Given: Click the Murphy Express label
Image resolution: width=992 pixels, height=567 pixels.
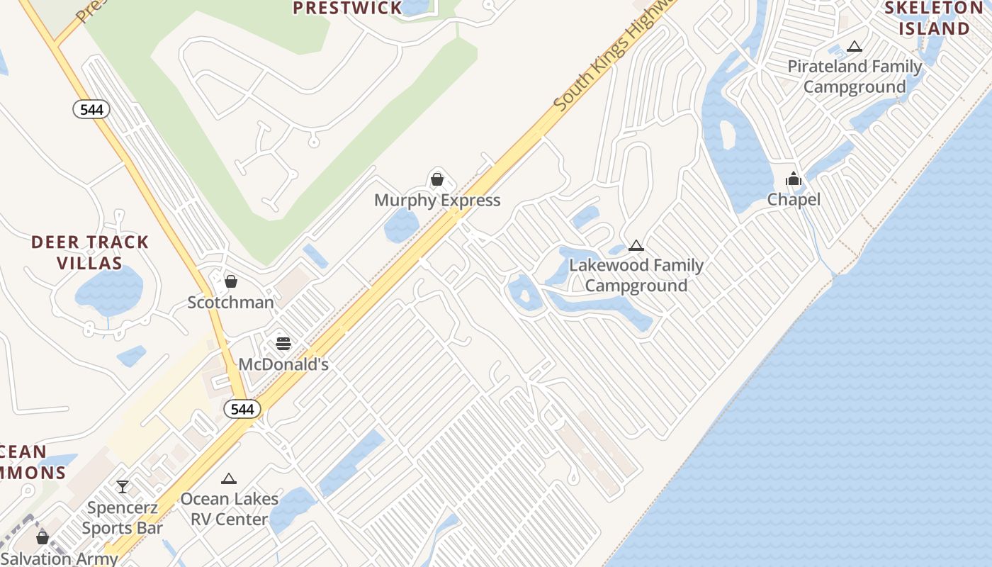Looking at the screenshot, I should (437, 201).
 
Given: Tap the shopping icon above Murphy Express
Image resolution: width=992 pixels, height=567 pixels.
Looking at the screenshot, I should (437, 179).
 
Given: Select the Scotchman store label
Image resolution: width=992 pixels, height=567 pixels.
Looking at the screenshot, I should (230, 303).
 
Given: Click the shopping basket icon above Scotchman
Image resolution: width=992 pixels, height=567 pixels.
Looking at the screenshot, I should (230, 281).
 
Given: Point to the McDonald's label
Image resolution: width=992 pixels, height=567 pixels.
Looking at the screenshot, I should (283, 364).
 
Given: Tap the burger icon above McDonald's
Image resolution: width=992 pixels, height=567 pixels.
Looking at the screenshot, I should (283, 344).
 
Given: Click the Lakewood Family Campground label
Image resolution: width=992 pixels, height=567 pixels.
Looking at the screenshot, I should (636, 276).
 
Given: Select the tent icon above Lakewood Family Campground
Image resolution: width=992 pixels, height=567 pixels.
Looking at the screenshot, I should (636, 246).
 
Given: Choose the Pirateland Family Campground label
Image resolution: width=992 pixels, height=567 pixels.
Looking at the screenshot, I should (855, 77).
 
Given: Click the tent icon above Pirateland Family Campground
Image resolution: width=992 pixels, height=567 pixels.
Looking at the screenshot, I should (855, 47).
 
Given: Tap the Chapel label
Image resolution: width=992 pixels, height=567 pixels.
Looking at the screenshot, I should (794, 200).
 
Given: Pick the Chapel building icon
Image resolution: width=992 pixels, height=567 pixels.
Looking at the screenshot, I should (794, 179).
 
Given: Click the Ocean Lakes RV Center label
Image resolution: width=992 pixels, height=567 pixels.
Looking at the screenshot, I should (229, 509).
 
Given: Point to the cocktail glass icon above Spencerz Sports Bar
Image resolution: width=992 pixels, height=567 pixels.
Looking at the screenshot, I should (123, 487).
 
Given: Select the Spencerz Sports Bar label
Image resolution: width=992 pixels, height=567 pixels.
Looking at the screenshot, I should (123, 518).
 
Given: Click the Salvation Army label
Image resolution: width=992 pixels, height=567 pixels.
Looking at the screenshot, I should (60, 558).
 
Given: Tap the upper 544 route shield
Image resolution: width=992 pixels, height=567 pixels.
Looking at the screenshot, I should (91, 109).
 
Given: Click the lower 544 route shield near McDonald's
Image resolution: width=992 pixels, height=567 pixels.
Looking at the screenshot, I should (242, 409).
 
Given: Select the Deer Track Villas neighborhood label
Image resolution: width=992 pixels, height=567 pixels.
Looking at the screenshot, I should (90, 252).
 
